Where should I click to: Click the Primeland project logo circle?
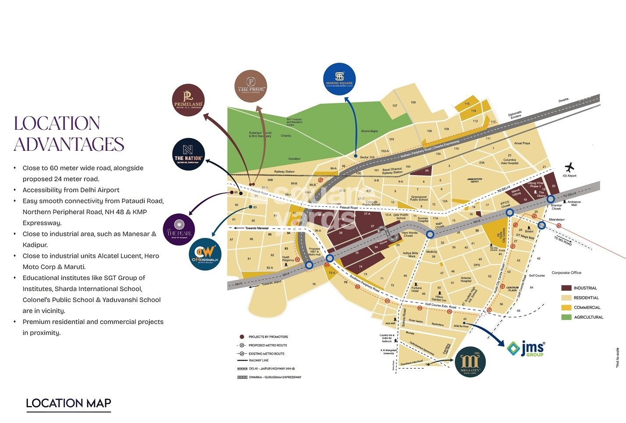click(188, 100)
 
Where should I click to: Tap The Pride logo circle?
click(251, 86)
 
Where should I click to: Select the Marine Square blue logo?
click(339, 78)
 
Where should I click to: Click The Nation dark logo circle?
click(188, 154)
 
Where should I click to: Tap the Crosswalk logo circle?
click(205, 255)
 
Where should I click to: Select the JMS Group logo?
click(526, 349)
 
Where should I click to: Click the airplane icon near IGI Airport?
click(569, 167)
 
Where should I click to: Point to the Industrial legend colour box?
click(566, 288)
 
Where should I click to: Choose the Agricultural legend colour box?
click(566, 317)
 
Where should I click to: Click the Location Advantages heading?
click(69, 134)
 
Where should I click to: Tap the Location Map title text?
click(68, 403)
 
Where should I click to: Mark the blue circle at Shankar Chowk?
click(551, 199)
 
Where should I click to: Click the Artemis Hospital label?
click(466, 279)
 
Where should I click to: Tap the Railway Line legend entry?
click(258, 360)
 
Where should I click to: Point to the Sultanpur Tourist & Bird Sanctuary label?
click(260, 134)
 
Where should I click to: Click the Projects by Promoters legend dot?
click(242, 337)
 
